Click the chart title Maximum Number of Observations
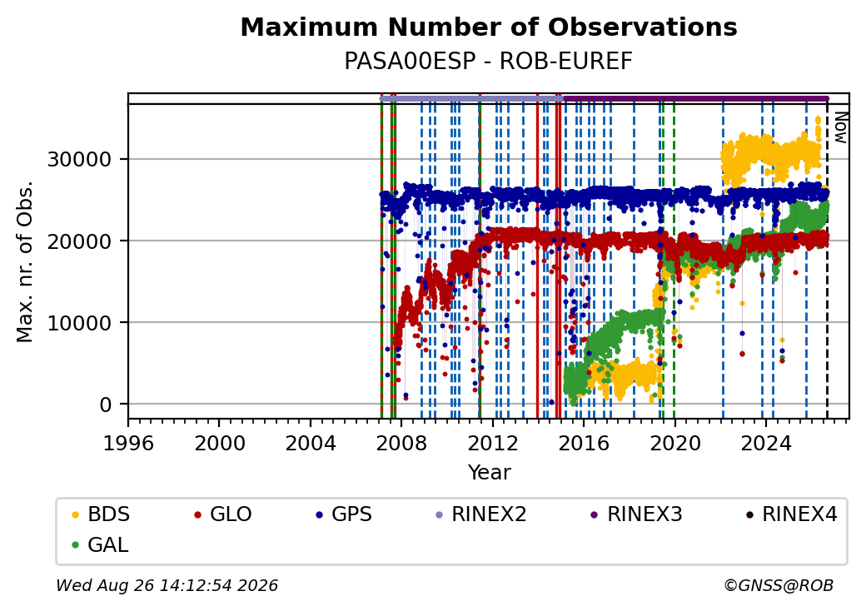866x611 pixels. (489, 27)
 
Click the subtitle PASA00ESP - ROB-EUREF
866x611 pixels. (488, 62)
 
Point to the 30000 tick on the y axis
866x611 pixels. (80, 160)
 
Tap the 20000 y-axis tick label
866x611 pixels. (80, 241)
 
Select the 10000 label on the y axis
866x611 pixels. (80, 323)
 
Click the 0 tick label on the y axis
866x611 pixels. (106, 405)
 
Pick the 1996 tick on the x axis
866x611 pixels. (128, 443)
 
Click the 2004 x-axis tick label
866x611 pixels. (311, 443)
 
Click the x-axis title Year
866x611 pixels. (490, 473)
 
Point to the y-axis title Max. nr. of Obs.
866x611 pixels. (25, 261)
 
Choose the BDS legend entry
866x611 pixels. (101, 514)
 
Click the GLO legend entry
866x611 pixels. (222, 514)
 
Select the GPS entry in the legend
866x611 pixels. (344, 514)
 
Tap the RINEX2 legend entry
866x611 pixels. (480, 514)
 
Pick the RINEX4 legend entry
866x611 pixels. (791, 514)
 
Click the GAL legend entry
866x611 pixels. (100, 544)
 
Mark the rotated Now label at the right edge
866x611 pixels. (840, 128)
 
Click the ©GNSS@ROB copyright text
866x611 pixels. (779, 585)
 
